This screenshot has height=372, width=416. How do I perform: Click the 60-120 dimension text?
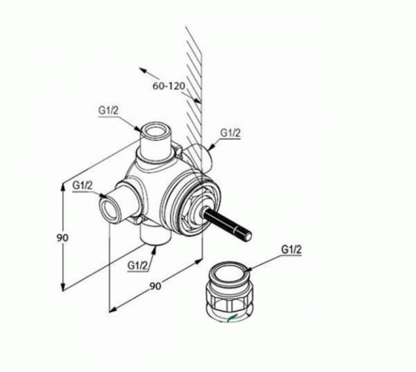[x=169, y=86]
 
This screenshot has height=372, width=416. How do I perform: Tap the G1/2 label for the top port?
[x=108, y=111]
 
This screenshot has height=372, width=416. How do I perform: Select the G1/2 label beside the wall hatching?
[x=230, y=133]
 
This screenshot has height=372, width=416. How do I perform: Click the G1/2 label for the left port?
[x=82, y=185]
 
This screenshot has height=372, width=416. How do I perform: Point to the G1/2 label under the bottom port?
[x=137, y=265]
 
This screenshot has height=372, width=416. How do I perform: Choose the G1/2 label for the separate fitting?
[x=291, y=249]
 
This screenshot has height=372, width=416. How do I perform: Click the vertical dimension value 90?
[x=62, y=238]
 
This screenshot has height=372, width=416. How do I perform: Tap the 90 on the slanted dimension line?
[x=155, y=286]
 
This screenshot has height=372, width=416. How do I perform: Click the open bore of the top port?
[x=157, y=131]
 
